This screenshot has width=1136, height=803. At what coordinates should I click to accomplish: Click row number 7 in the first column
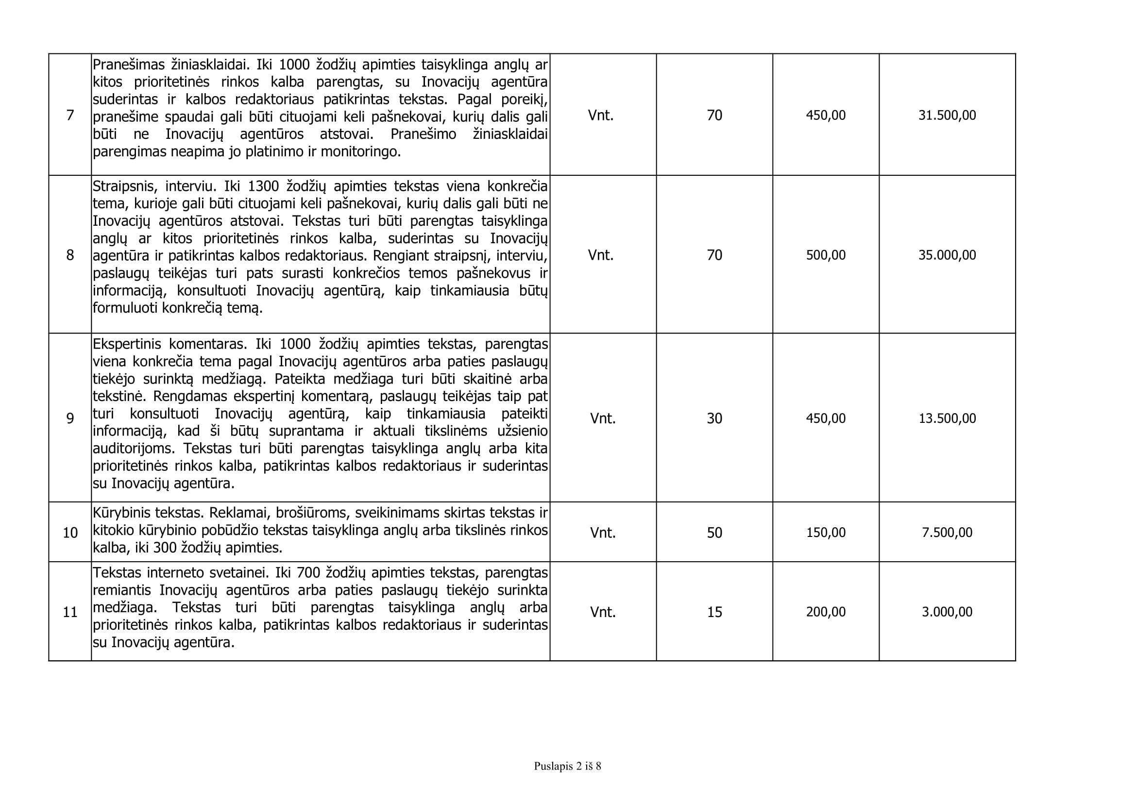70,115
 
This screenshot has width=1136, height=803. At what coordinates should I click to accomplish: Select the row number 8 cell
70,255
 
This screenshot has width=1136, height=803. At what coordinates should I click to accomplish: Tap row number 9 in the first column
70,419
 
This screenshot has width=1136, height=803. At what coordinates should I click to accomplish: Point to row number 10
70,533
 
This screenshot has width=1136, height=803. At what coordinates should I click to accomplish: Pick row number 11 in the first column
70,612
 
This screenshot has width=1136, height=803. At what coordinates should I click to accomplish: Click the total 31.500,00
947,115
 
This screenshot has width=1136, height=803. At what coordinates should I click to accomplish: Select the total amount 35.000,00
947,255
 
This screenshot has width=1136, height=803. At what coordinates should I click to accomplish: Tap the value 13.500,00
947,418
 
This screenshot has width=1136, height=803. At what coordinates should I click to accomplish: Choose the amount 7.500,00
947,533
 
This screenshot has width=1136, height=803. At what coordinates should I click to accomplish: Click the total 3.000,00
947,612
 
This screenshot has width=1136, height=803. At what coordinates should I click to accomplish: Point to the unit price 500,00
826,255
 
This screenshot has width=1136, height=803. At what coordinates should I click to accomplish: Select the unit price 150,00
826,533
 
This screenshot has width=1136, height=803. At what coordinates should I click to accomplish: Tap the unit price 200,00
826,612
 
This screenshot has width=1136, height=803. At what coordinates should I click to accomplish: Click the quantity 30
714,418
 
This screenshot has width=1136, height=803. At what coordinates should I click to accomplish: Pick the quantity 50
714,533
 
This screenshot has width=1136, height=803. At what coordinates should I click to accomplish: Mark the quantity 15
714,612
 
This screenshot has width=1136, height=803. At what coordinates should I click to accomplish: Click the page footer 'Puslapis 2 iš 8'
567,766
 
